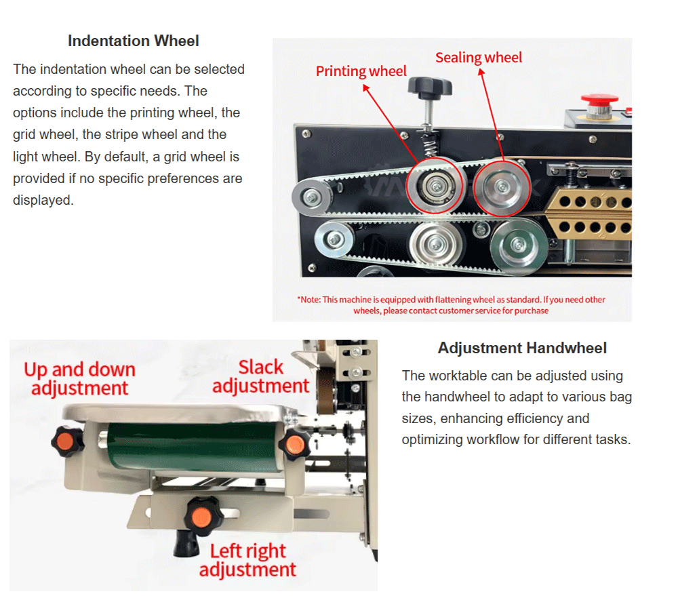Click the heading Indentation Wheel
click(134, 41)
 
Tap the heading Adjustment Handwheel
click(522, 349)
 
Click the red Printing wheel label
click(361, 71)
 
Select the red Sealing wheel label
click(479, 58)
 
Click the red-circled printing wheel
click(435, 184)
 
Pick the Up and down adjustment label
click(79, 379)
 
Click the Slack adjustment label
click(260, 377)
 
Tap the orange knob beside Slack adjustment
click(294, 443)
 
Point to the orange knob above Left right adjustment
click(199, 516)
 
